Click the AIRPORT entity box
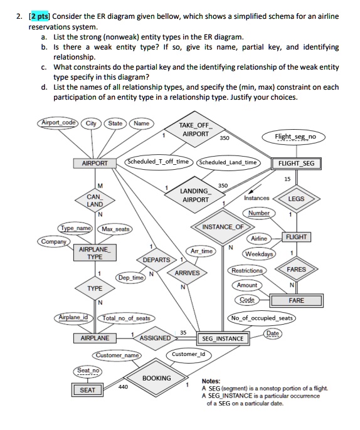click(95, 164)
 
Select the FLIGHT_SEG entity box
click(296, 164)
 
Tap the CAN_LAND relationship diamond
click(95, 200)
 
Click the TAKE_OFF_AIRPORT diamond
click(196, 130)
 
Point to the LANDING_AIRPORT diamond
click(194, 195)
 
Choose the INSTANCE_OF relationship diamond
click(223, 226)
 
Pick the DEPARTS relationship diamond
click(156, 260)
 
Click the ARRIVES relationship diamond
click(187, 273)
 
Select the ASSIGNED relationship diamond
click(154, 338)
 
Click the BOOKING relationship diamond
click(156, 378)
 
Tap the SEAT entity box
click(88, 390)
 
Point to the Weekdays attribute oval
click(259, 254)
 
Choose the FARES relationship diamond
click(296, 270)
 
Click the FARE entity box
click(296, 301)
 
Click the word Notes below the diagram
click(211, 380)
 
